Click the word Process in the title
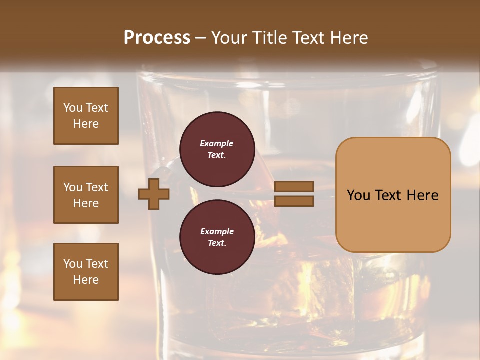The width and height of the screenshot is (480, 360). coord(157,38)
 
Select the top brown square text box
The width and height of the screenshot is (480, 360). coord(86,116)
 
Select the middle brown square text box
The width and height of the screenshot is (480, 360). coord(86,195)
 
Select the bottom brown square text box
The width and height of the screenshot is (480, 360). coord(86,272)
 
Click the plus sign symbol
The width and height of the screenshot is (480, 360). coord(154,194)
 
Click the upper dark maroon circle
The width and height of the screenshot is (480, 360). coord(217,149)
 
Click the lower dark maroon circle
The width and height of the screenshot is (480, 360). coord(217,237)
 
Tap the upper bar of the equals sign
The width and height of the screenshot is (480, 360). coord(294,187)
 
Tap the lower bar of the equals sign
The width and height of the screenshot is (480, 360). coord(294,201)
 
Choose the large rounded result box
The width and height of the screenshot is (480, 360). coord(393,195)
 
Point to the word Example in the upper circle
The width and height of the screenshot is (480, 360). coord(217,143)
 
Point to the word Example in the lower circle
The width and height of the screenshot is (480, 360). coord(217,231)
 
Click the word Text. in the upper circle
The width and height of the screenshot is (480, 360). coord(217,155)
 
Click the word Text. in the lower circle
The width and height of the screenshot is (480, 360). coord(217,243)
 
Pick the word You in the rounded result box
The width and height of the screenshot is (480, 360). coord(358,195)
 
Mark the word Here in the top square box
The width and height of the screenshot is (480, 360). coord(86,124)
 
